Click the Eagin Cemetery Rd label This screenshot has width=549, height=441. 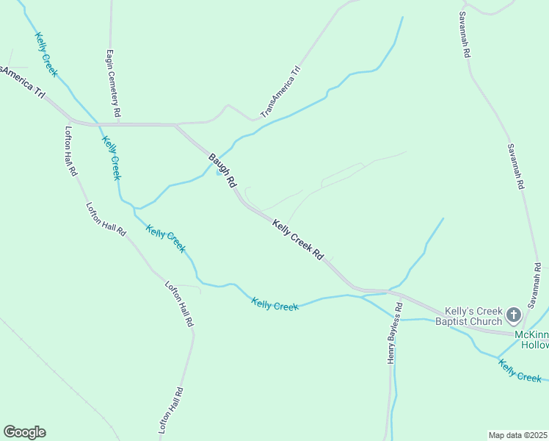(113, 85)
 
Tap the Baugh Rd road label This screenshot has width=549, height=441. (222, 170)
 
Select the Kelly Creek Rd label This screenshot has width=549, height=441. (298, 239)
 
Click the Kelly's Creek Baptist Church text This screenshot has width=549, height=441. (469, 316)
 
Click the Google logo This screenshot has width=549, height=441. (24, 432)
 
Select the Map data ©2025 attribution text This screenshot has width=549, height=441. (518, 435)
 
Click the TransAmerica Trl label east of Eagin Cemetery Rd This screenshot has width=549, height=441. (281, 93)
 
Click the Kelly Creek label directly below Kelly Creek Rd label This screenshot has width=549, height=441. (275, 304)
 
